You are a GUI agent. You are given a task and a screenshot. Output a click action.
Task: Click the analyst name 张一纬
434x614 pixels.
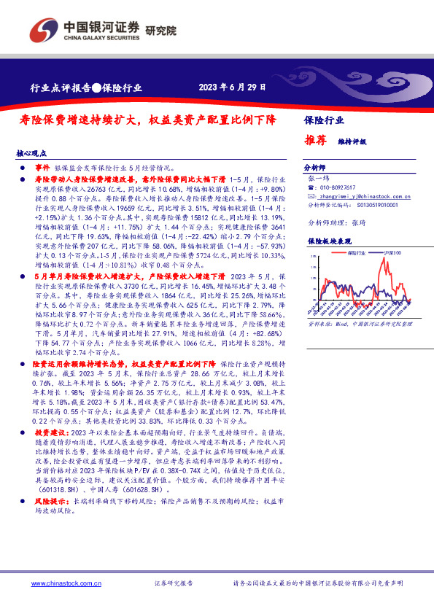pyautogui.click(x=319, y=177)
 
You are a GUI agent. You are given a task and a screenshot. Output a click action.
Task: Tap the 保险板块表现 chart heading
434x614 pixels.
pyautogui.click(x=326, y=240)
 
